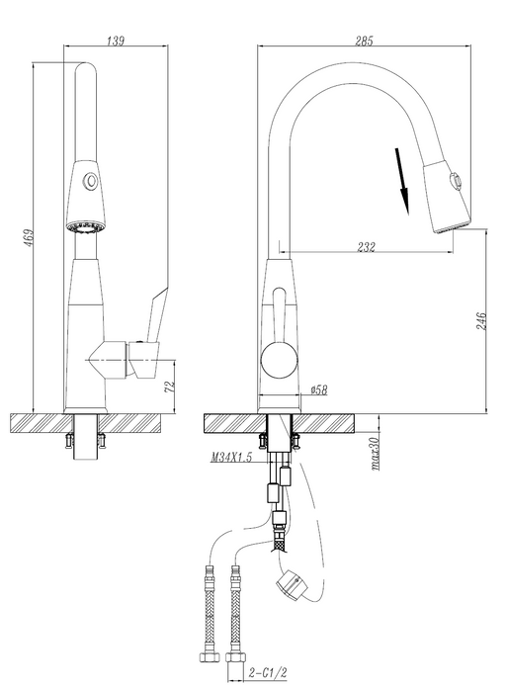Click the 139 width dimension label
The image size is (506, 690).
[x=117, y=41]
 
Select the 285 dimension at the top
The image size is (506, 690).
[x=364, y=41]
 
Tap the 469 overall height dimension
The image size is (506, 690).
[x=29, y=237]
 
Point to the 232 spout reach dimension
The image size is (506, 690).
[x=366, y=247]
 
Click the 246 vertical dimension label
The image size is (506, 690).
[x=481, y=321]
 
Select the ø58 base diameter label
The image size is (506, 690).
[x=319, y=389]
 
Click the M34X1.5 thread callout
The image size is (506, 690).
[x=231, y=458]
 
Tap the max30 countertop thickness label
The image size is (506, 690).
[x=375, y=454]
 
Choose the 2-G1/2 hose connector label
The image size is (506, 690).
[x=268, y=672]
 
